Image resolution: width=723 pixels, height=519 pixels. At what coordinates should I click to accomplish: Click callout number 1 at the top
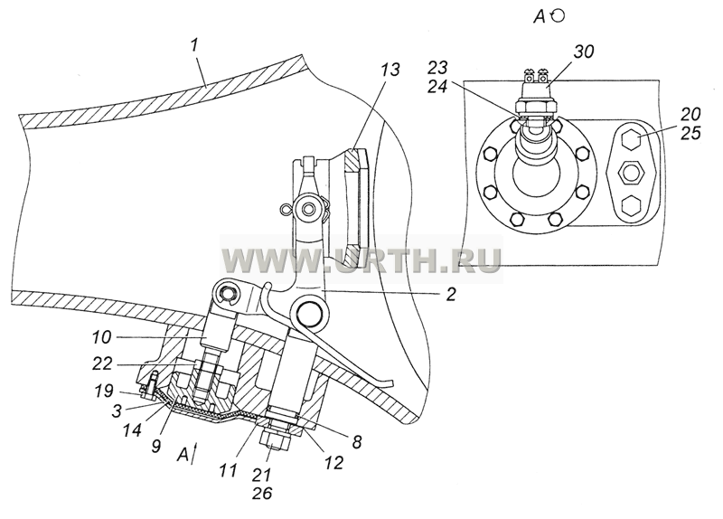tap(194, 45)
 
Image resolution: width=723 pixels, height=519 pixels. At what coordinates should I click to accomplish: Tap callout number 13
tap(390, 70)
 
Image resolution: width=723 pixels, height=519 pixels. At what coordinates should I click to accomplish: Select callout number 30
tap(584, 52)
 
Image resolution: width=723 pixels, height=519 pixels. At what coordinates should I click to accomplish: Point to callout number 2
tap(451, 294)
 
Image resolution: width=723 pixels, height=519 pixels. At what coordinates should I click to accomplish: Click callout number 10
tap(102, 337)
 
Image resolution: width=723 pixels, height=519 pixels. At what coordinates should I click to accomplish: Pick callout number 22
tap(102, 364)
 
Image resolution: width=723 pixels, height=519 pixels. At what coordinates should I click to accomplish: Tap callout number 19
tap(104, 391)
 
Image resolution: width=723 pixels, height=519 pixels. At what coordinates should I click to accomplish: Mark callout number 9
tap(155, 446)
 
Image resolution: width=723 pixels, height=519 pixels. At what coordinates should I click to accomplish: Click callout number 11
tap(229, 470)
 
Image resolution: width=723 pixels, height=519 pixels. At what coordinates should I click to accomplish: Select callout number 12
tap(333, 462)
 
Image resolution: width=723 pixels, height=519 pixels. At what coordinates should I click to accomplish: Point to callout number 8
tap(357, 442)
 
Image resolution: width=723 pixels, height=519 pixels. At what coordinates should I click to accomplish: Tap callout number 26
tap(262, 493)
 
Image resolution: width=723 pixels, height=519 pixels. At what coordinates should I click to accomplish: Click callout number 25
tap(690, 133)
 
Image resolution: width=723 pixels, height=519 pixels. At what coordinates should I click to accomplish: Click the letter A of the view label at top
tap(540, 17)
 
